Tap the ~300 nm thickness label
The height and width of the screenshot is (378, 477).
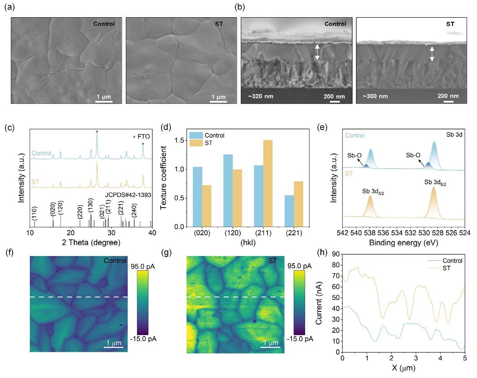point(375,96)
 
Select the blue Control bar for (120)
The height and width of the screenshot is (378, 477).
point(228,190)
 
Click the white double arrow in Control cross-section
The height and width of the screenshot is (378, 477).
point(317,52)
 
